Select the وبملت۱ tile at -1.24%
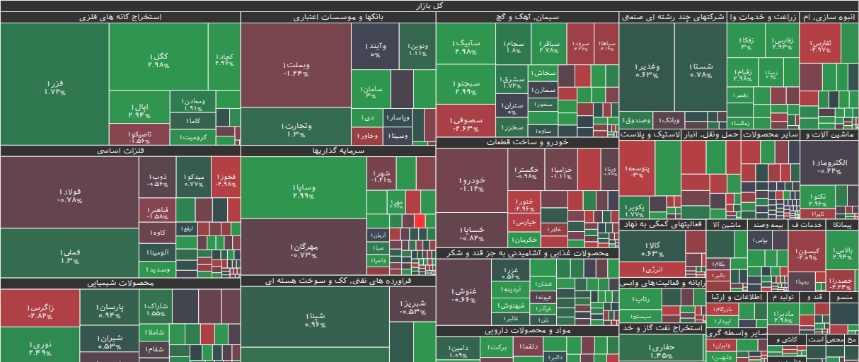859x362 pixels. pos(296,69)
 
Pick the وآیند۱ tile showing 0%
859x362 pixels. pos(375,49)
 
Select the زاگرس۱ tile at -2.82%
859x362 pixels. pos(40,311)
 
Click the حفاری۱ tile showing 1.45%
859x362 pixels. pos(662,351)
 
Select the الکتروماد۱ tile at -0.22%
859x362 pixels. pos(829,167)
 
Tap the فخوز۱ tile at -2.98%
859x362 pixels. pos(224,180)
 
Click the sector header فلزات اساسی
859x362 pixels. pos(120,151)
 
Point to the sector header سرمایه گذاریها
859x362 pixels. pos(338,151)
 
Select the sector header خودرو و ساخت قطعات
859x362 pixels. pos(527,142)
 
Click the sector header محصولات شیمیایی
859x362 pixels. pos(120,283)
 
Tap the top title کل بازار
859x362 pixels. pos(429,5)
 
